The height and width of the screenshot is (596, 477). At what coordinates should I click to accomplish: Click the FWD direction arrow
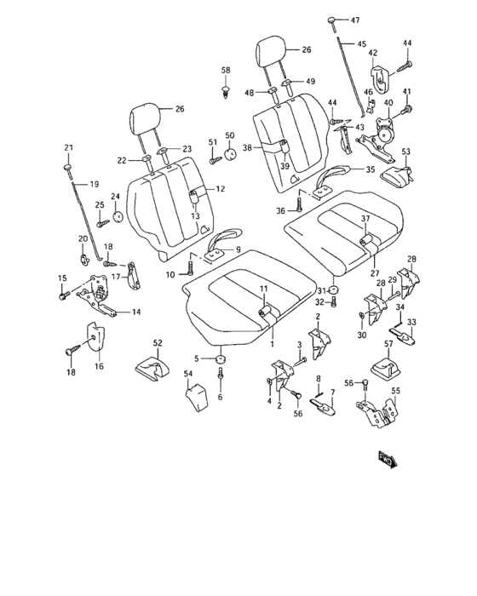click(x=388, y=461)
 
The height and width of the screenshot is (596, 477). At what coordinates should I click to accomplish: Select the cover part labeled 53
click(x=394, y=176)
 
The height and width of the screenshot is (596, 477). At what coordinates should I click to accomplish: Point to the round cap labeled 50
click(x=228, y=154)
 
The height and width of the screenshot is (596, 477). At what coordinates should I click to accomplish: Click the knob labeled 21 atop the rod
click(x=69, y=169)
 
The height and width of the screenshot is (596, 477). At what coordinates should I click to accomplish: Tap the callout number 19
click(x=94, y=184)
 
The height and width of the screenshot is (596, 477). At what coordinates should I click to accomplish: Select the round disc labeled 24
click(x=117, y=214)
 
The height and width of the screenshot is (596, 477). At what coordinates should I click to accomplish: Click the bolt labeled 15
click(x=64, y=295)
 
